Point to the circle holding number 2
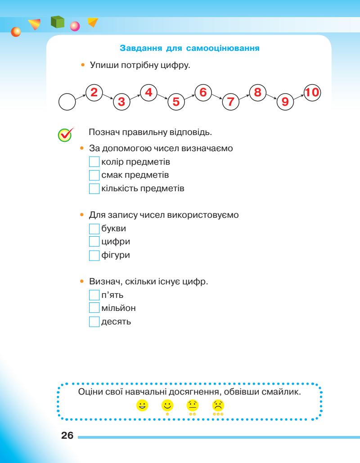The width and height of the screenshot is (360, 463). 94,93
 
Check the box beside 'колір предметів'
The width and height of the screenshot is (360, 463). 94,161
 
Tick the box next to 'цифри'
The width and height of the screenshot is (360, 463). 94,242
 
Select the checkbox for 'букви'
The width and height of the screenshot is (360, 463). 94,229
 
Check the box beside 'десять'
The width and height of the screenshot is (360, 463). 94,322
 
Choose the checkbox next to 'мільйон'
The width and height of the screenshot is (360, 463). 94,309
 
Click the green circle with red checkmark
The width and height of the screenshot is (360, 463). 65,134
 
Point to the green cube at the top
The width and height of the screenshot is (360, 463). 57,22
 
